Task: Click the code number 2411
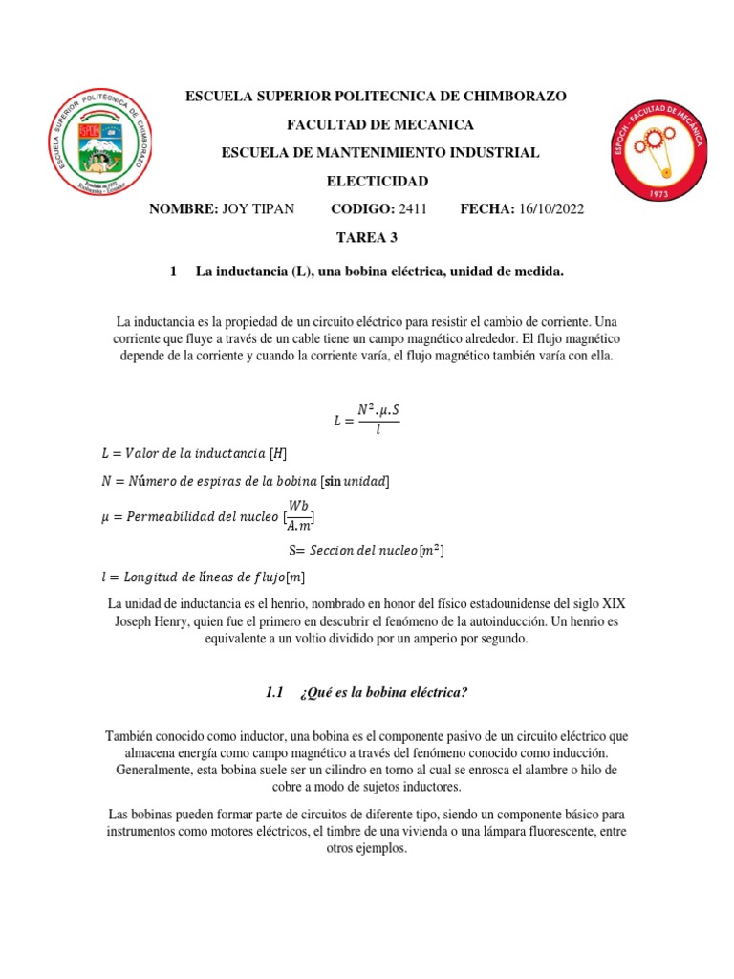[x=411, y=208]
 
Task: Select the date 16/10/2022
[x=550, y=208]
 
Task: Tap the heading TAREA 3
[x=366, y=236]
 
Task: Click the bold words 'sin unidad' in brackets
[x=356, y=480]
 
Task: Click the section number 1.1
[x=275, y=692]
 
